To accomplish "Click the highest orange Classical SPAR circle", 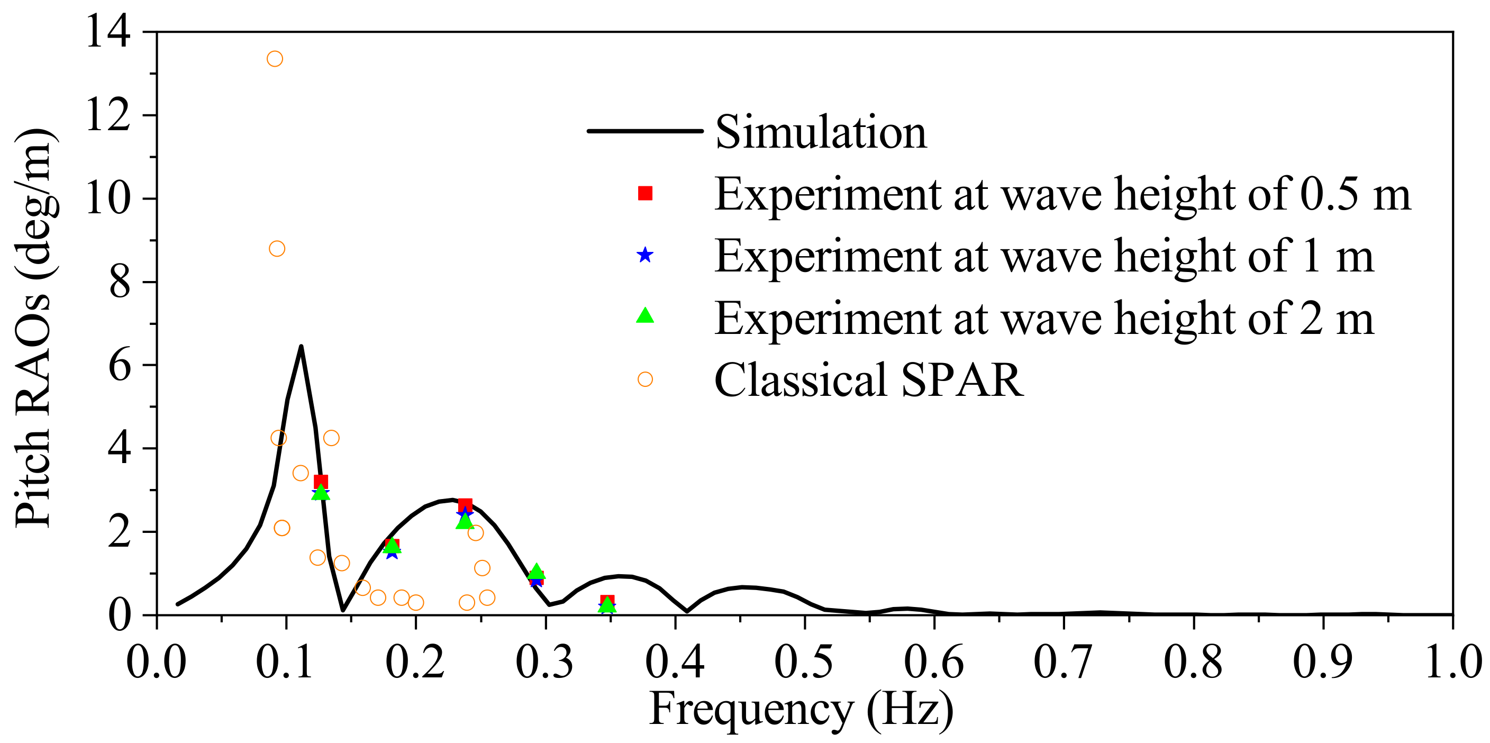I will pos(275,59).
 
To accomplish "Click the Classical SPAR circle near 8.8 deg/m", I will pos(277,249).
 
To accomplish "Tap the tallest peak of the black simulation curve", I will pos(301,347).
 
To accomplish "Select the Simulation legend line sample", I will pos(644,131).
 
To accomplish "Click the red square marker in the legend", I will pos(645,193).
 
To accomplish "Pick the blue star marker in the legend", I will pos(645,255).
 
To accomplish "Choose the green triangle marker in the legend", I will pos(645,316).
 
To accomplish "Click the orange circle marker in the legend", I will pos(645,379).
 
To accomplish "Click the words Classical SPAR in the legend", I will pos(868,380).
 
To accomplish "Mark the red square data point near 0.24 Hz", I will pos(465,506).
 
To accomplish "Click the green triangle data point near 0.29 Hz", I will pos(536,572).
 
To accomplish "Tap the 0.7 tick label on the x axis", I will pos(1063,662).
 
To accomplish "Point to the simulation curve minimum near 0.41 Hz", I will pos(687,611).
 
